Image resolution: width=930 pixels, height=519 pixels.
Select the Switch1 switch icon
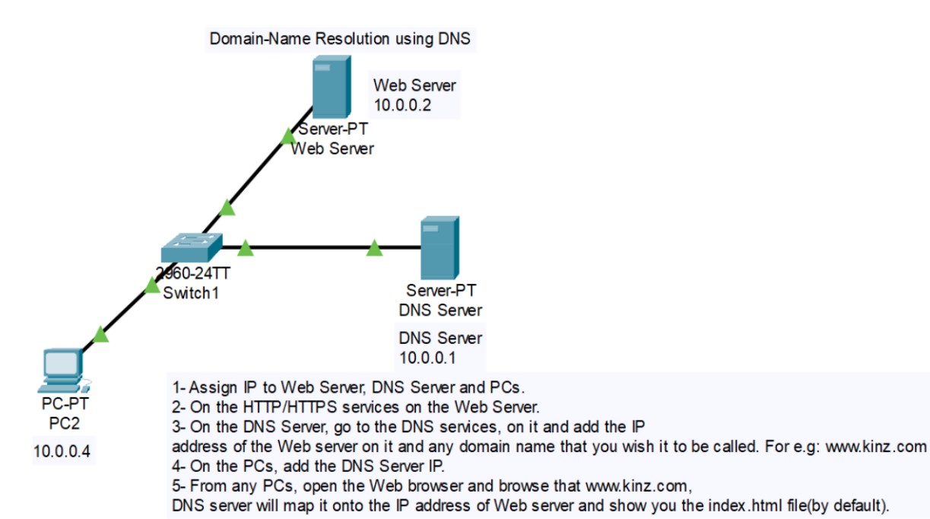pyautogui.click(x=192, y=247)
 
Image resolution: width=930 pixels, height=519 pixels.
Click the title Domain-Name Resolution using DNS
pyautogui.click(x=340, y=38)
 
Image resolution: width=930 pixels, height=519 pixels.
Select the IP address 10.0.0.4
pyautogui.click(x=62, y=451)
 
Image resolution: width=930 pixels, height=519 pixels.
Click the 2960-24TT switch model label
pyautogui.click(x=187, y=275)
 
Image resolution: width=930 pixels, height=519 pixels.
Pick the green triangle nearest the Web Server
pyautogui.click(x=287, y=136)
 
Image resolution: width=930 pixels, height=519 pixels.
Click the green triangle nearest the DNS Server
pyautogui.click(x=374, y=248)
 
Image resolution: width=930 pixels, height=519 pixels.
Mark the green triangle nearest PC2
pyautogui.click(x=100, y=334)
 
